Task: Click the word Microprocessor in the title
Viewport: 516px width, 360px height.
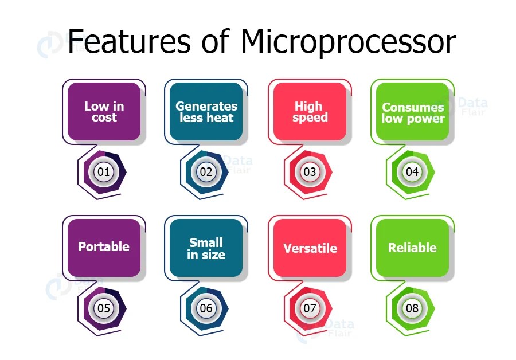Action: click(348, 42)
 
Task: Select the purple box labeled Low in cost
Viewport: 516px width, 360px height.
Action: click(104, 112)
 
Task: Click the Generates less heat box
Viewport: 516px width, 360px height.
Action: click(206, 112)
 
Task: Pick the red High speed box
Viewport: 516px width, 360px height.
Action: click(310, 112)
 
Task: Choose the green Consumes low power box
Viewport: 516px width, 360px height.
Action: click(413, 112)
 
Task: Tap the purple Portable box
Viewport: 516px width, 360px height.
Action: click(104, 247)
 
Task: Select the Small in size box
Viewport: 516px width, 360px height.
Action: click(206, 248)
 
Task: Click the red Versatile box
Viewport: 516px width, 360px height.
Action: click(310, 248)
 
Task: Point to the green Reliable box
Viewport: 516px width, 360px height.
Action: click(412, 248)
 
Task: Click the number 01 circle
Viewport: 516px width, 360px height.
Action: click(104, 171)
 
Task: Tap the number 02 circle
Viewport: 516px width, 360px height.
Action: click(206, 171)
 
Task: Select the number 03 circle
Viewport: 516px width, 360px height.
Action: click(310, 171)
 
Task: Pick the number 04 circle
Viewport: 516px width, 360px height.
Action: click(412, 171)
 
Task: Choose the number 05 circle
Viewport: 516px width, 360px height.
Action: click(104, 308)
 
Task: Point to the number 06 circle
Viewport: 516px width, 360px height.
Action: click(206, 308)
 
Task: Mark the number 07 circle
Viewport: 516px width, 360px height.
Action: click(310, 308)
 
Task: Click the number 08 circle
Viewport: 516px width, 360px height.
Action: click(412, 308)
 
